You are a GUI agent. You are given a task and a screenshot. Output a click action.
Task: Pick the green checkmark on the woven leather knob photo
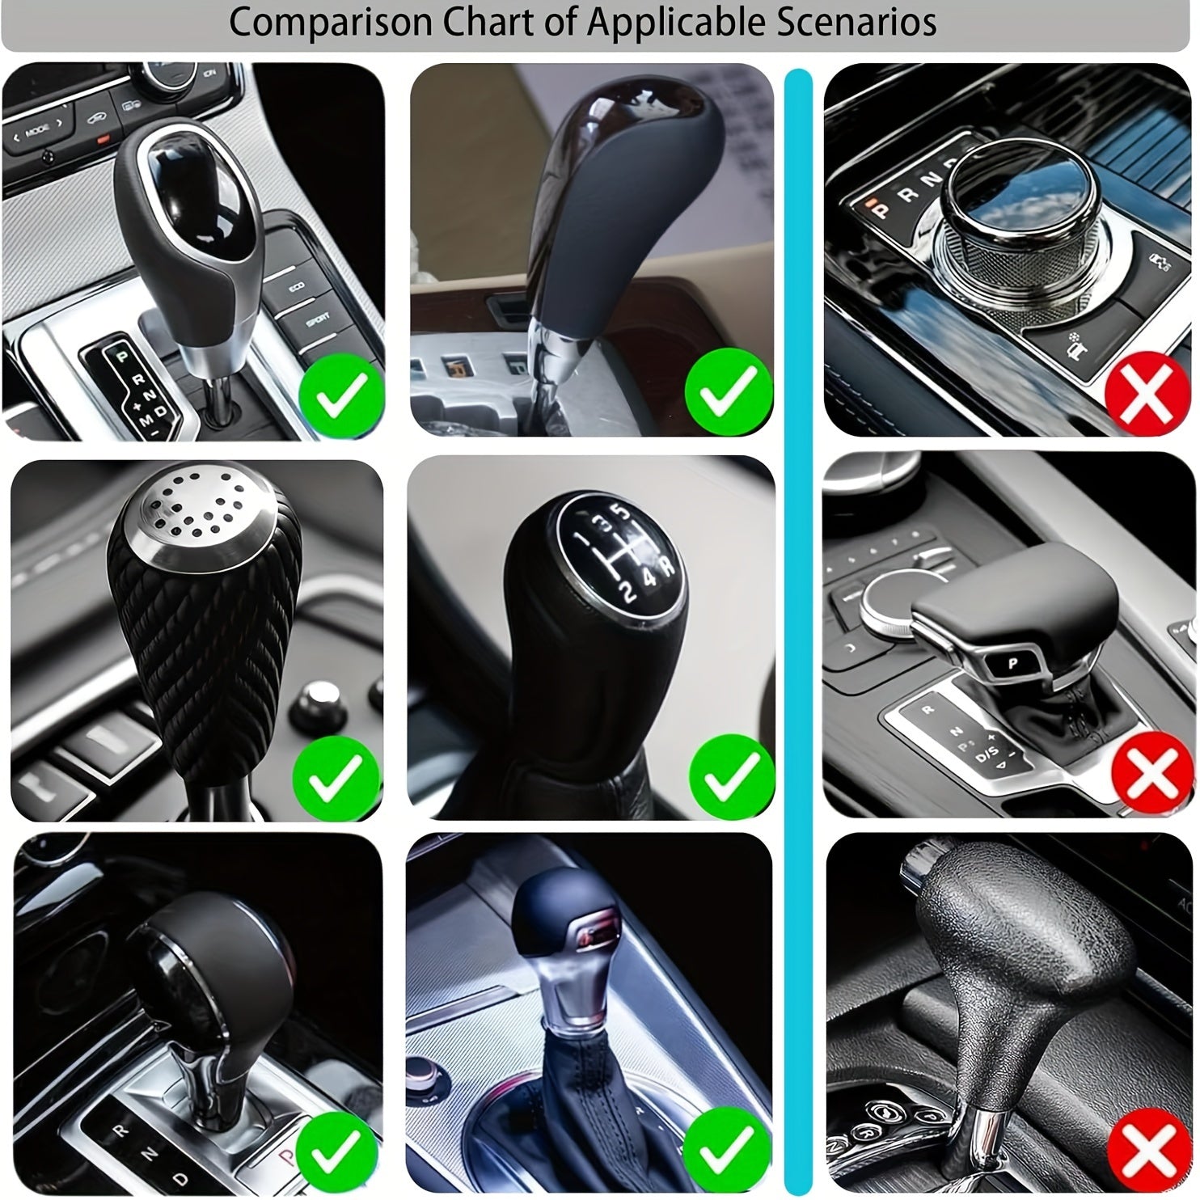(x=335, y=778)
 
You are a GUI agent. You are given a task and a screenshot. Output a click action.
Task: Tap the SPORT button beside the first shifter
(x=316, y=322)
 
